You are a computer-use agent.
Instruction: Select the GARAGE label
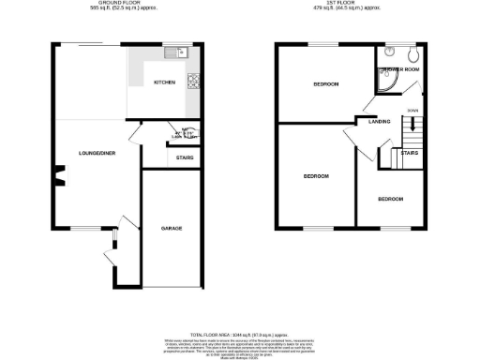171,228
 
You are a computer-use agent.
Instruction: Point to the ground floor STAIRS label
185,157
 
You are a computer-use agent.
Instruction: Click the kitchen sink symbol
181,53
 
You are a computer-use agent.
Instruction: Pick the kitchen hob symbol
193,77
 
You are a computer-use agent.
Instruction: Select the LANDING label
380,122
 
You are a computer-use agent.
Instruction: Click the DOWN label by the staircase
413,110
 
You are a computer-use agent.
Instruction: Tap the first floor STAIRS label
410,152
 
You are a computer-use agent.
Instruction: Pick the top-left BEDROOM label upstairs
326,84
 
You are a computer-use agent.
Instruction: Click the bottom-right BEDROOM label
391,199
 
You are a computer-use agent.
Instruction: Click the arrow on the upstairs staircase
413,127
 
